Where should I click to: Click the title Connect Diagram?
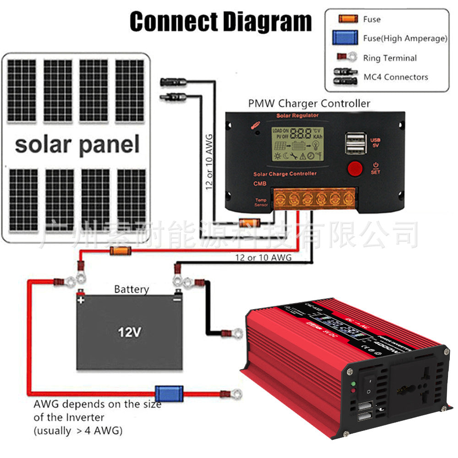(220, 22)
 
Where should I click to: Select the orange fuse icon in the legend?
(348, 19)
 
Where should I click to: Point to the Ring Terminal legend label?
(390, 58)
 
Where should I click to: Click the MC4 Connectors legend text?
(396, 77)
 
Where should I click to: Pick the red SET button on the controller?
(355, 169)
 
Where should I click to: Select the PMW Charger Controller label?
(309, 104)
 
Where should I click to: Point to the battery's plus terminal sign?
(81, 300)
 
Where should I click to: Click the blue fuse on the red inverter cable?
(163, 393)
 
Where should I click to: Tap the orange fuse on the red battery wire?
(120, 250)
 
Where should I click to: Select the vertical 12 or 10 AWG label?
(209, 163)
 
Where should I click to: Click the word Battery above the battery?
(131, 289)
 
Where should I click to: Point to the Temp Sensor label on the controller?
(261, 202)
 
